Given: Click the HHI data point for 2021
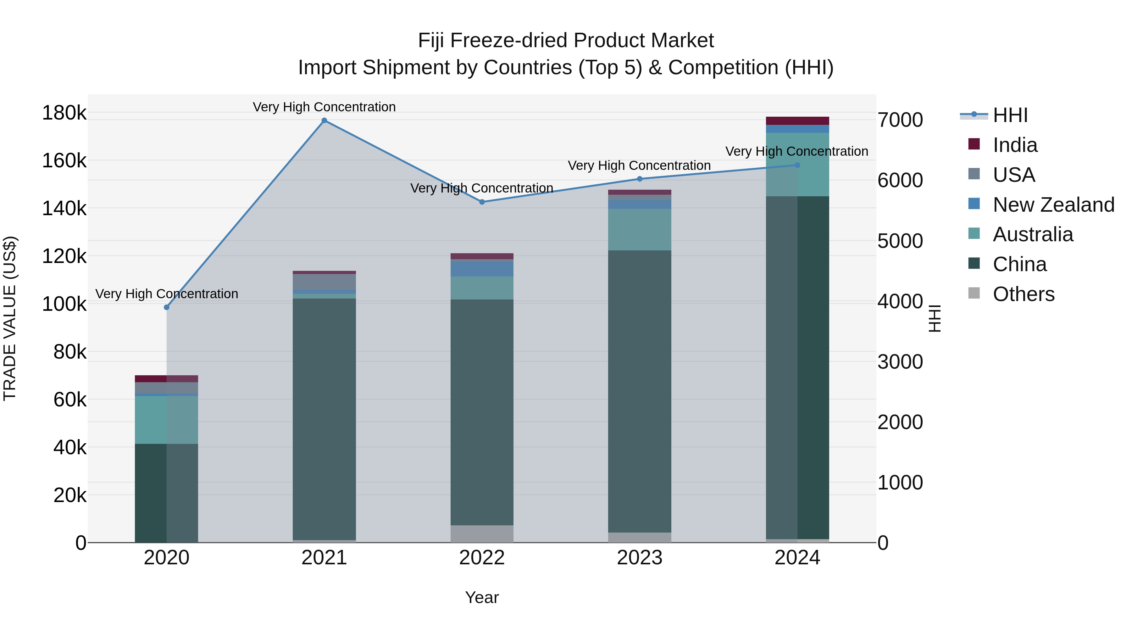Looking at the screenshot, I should pyautogui.click(x=324, y=120).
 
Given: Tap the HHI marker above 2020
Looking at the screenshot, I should pyautogui.click(x=167, y=307).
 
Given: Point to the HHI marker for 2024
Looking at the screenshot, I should pyautogui.click(x=797, y=165).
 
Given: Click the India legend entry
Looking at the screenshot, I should pyautogui.click(x=1015, y=145).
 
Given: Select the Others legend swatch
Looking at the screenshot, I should pyautogui.click(x=974, y=294).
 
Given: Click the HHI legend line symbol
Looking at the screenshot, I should pyautogui.click(x=974, y=115).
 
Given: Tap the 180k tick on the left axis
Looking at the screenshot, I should pyautogui.click(x=64, y=113).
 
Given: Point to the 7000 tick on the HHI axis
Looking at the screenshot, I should pyautogui.click(x=900, y=120).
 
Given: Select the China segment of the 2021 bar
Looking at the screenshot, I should pyautogui.click(x=324, y=418).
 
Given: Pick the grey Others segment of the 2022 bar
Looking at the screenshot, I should pyautogui.click(x=482, y=534).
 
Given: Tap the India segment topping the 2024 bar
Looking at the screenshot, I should pyautogui.click(x=797, y=121).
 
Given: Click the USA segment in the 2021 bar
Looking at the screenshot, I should pyautogui.click(x=324, y=282).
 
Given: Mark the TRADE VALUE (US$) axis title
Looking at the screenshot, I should pyautogui.click(x=10, y=318).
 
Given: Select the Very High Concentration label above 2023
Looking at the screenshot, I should pyautogui.click(x=639, y=166).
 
